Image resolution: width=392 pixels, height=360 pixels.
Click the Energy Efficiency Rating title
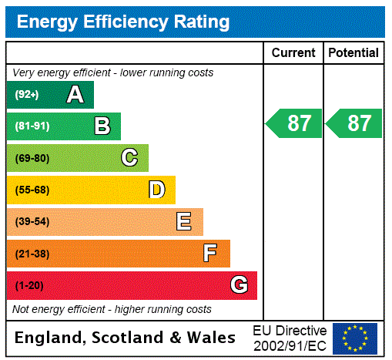coord(123,22)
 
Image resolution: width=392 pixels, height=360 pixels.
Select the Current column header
coord(293,53)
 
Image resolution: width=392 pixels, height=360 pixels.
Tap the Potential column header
coord(353,53)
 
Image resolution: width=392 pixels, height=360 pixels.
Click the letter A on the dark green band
coord(75,95)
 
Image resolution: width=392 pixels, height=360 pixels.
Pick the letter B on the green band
coord(102,126)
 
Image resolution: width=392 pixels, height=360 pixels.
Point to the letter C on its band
coord(129,158)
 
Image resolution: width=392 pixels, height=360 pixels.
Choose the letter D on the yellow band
coord(157,190)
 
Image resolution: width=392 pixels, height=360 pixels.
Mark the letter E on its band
coord(184,222)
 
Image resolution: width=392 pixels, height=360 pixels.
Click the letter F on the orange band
coord(210,254)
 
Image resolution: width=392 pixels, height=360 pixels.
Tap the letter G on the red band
coord(239,285)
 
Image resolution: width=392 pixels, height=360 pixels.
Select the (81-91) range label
coord(32,126)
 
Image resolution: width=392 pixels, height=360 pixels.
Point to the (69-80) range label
coord(32,158)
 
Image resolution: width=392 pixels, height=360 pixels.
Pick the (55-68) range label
coord(32,190)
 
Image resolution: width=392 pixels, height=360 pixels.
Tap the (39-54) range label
coord(32,222)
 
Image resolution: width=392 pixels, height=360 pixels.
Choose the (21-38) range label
coord(32,254)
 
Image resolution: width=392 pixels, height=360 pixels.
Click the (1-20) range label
coord(29,285)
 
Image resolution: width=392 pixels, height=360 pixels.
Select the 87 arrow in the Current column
coord(294,123)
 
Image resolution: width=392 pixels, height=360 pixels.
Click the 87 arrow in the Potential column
coord(354,123)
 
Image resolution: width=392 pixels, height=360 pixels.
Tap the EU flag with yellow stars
coord(355,338)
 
